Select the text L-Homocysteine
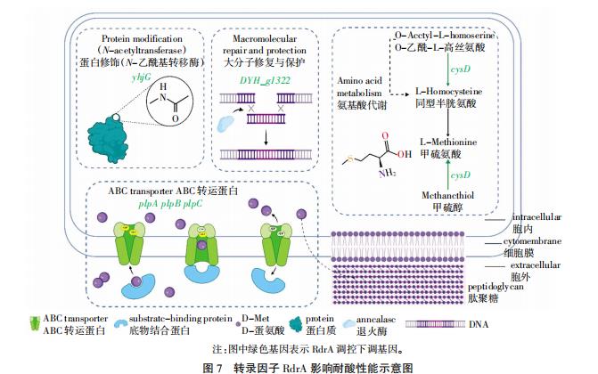[x=451, y=92]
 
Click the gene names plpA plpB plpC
[x=170, y=203]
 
